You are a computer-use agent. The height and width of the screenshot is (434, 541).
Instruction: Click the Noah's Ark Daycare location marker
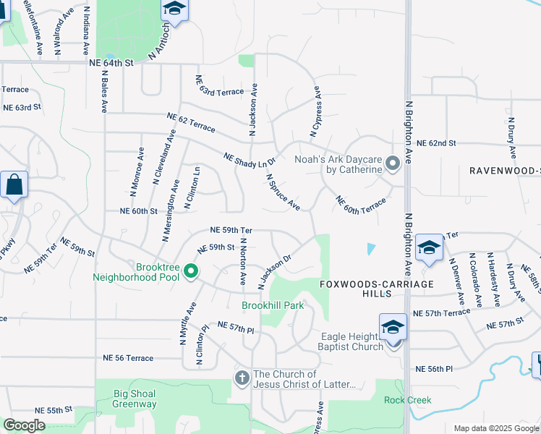393,164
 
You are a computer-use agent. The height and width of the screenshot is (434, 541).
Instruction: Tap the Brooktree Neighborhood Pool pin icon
191,272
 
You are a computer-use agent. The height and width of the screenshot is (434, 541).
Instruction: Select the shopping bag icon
14,185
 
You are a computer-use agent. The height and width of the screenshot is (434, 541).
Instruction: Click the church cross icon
242,378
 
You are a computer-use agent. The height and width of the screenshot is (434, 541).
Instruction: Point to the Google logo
24,425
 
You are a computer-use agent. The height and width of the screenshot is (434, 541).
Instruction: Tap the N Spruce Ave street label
283,192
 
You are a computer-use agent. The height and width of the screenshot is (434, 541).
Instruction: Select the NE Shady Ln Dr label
250,161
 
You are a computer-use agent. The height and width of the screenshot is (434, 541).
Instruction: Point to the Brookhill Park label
273,306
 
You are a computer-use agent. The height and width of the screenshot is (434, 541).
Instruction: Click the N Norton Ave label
244,260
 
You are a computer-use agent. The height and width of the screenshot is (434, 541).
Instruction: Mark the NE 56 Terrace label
128,358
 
